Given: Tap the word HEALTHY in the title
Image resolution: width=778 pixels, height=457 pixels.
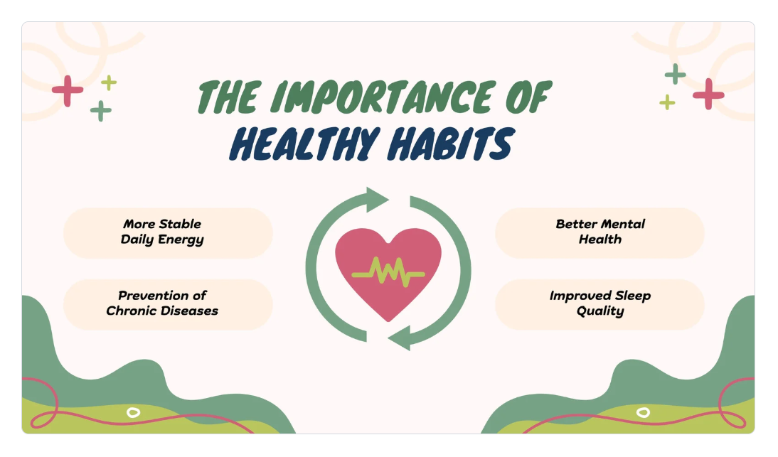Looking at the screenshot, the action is pos(304,144).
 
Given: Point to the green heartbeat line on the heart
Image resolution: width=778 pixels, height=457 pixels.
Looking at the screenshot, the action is pos(388,273).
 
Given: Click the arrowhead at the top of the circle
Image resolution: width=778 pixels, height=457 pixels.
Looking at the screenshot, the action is pos(377,199).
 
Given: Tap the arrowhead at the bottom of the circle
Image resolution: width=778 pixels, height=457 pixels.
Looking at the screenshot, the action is pos(400,338).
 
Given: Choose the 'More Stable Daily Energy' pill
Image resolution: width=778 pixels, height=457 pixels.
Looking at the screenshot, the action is pos(168,233).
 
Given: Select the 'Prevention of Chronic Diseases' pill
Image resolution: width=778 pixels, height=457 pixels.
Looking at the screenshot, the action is pos(168,304).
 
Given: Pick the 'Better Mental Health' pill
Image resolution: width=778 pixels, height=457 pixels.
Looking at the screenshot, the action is pos(600,233).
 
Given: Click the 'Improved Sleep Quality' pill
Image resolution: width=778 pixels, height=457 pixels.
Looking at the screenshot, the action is pos(600,304).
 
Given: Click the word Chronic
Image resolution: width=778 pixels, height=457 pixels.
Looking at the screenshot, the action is pos(129,311).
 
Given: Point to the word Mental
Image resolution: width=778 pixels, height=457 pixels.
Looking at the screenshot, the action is pos(623,224).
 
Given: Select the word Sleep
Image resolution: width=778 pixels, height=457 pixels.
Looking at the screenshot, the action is pos(633,296).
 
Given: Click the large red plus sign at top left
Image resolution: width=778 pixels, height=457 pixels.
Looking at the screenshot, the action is pos(68,91).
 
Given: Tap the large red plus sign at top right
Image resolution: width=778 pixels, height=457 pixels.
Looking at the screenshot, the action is pos(708,94).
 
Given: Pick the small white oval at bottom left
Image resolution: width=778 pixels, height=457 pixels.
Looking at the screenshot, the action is pos(134,412).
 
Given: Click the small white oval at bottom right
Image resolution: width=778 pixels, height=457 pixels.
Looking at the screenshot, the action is pos(643,412).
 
